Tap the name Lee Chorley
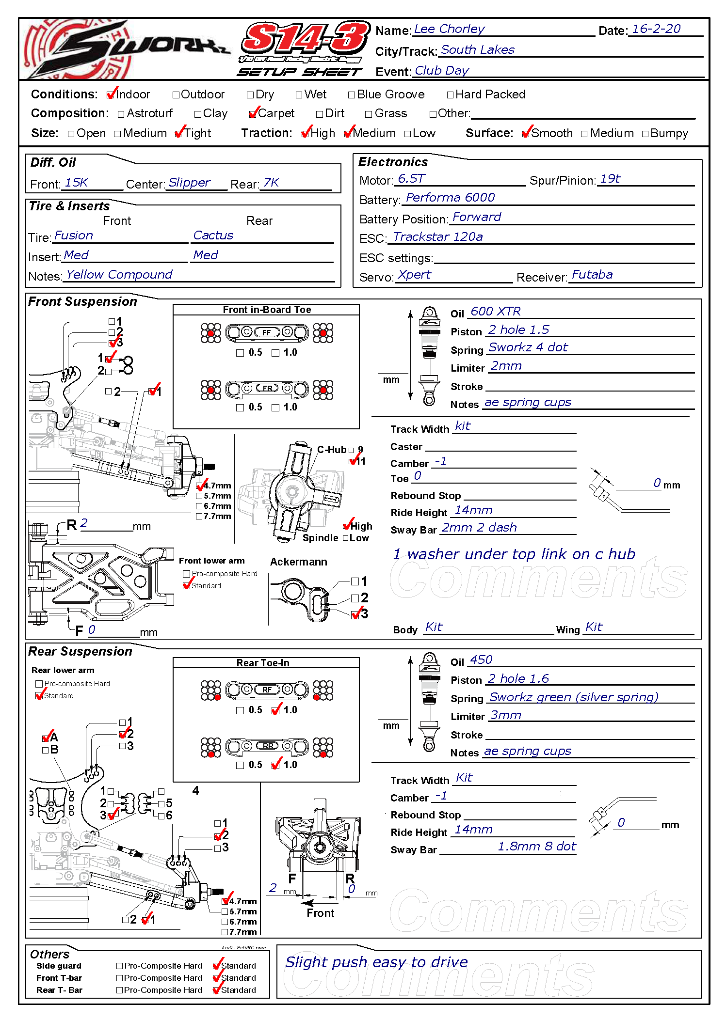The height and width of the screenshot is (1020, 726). click(x=449, y=29)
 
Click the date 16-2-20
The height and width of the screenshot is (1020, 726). click(x=656, y=29)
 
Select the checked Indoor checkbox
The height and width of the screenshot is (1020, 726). click(x=111, y=94)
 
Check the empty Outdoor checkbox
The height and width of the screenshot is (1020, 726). click(x=176, y=95)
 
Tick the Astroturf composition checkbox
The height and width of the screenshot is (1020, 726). click(x=121, y=114)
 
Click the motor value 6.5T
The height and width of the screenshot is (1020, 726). click(x=411, y=179)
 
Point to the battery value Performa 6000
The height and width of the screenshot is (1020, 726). click(x=450, y=198)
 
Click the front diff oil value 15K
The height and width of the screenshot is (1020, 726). click(x=76, y=183)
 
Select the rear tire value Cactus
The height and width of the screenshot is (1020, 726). click(x=213, y=235)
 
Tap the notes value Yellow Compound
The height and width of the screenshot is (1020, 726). click(x=119, y=275)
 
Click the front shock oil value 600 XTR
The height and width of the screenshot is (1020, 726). click(x=495, y=312)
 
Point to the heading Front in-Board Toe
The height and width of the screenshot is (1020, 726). click(x=267, y=310)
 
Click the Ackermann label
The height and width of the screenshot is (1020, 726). click(x=298, y=562)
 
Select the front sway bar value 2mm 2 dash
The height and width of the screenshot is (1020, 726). click(x=479, y=528)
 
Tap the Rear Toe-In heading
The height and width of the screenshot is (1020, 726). click(x=263, y=663)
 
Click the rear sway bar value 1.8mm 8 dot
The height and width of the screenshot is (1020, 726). click(x=536, y=847)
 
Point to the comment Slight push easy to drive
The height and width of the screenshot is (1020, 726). click(x=376, y=962)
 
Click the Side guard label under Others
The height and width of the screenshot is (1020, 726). click(x=59, y=966)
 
